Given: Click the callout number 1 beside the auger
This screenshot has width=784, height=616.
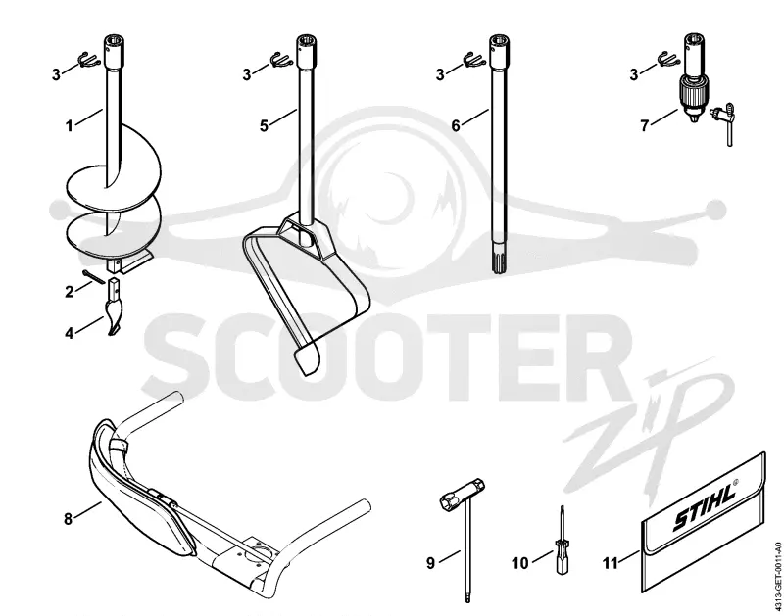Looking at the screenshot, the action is tap(70, 126).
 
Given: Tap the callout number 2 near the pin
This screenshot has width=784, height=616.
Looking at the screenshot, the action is tap(70, 292).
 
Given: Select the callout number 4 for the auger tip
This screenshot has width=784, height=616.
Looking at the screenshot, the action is tap(70, 333).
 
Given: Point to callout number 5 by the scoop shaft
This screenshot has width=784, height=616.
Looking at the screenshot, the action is tap(264, 126).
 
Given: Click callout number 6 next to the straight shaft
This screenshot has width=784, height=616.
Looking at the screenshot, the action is tap(456, 126).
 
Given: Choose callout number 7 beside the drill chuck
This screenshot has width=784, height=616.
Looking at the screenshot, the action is tap(645, 126).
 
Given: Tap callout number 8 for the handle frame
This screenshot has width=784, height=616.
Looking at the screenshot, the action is tap(69, 519).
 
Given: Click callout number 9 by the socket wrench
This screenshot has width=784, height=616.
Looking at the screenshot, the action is tap(430, 563).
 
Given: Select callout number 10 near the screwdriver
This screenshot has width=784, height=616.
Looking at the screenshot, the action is tap(520, 563).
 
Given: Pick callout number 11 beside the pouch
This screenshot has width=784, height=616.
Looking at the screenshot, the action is tap(610, 563).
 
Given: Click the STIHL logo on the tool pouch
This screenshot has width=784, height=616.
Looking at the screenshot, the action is tap(706, 505).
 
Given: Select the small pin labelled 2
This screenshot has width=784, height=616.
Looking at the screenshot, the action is tap(92, 276).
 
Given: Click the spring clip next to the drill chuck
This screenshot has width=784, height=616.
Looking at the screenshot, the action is tap(667, 60).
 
